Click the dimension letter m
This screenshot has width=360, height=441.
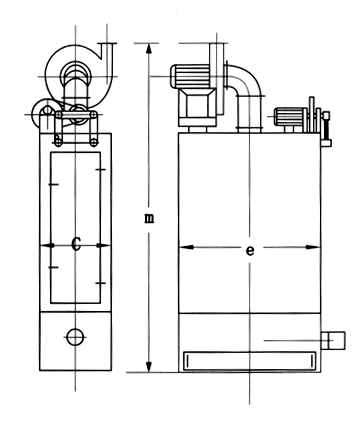coord(149,218)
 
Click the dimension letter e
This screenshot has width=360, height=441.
coord(250,250)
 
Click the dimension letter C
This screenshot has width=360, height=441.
coord(76,244)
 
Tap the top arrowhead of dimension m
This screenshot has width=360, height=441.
coord(149,48)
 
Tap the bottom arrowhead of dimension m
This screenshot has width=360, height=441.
coord(149,367)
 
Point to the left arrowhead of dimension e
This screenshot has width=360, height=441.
coord(186,247)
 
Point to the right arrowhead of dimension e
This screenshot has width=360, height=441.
coord(313,247)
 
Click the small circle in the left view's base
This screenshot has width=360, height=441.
coord(75,337)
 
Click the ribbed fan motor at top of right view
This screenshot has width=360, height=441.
coord(190,76)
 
